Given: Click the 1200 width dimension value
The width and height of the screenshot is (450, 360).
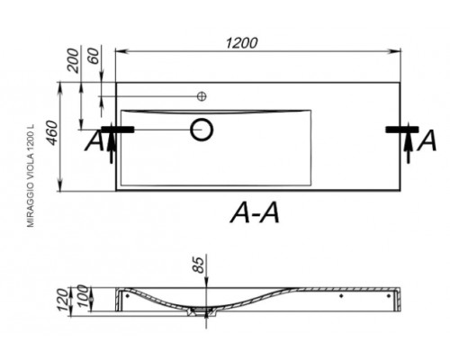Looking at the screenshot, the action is [241, 43].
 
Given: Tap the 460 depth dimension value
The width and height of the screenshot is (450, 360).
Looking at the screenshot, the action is [52, 133].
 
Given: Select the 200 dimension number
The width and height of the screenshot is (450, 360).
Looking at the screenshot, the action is [73, 61].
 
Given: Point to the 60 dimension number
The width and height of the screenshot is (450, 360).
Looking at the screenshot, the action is [94, 56].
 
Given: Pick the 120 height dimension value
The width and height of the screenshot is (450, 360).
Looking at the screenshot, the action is [63, 300].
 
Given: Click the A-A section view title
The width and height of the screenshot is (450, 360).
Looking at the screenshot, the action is [256, 212].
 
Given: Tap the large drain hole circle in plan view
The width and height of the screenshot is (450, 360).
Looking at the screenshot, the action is [202, 130].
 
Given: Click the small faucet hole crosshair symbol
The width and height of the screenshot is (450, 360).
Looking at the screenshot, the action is [202, 96].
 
